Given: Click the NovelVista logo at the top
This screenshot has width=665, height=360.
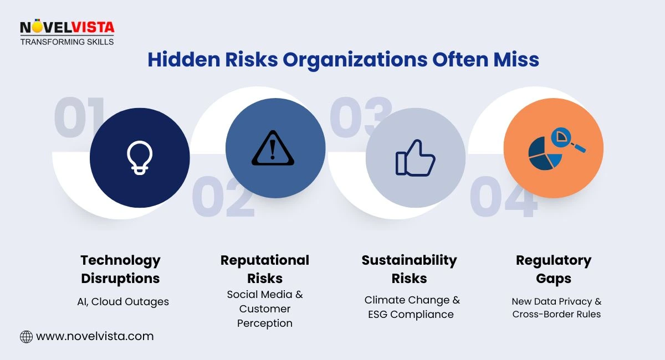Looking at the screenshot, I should [66, 33].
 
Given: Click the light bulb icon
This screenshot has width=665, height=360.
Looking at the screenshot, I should [139, 157].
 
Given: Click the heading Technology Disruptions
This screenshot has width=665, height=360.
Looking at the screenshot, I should [120, 269].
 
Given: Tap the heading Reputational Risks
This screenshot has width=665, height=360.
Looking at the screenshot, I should [264, 269].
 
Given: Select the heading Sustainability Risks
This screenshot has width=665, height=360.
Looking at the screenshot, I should [409, 269].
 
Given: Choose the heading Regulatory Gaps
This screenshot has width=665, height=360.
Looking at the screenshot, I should [553, 269].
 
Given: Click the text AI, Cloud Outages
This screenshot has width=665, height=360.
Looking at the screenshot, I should [122, 302].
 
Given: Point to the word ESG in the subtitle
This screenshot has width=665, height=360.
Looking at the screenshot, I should [381, 315].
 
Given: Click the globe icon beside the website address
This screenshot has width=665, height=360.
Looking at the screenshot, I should [26, 336].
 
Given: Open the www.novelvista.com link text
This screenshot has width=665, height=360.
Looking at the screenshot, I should [94, 336].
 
